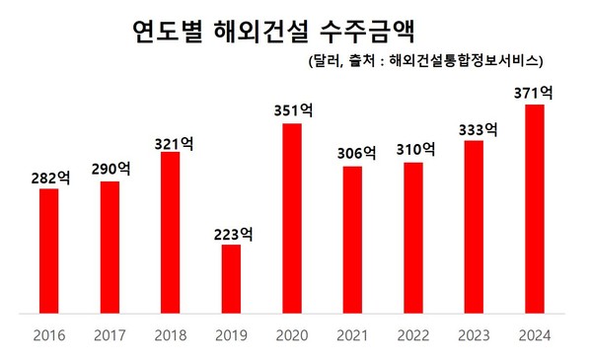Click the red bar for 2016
48,252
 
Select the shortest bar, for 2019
231,279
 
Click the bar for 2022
413,238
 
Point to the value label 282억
49,178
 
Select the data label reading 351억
293,111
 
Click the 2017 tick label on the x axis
111,335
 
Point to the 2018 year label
171,335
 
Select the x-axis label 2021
353,335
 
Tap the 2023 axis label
475,335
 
